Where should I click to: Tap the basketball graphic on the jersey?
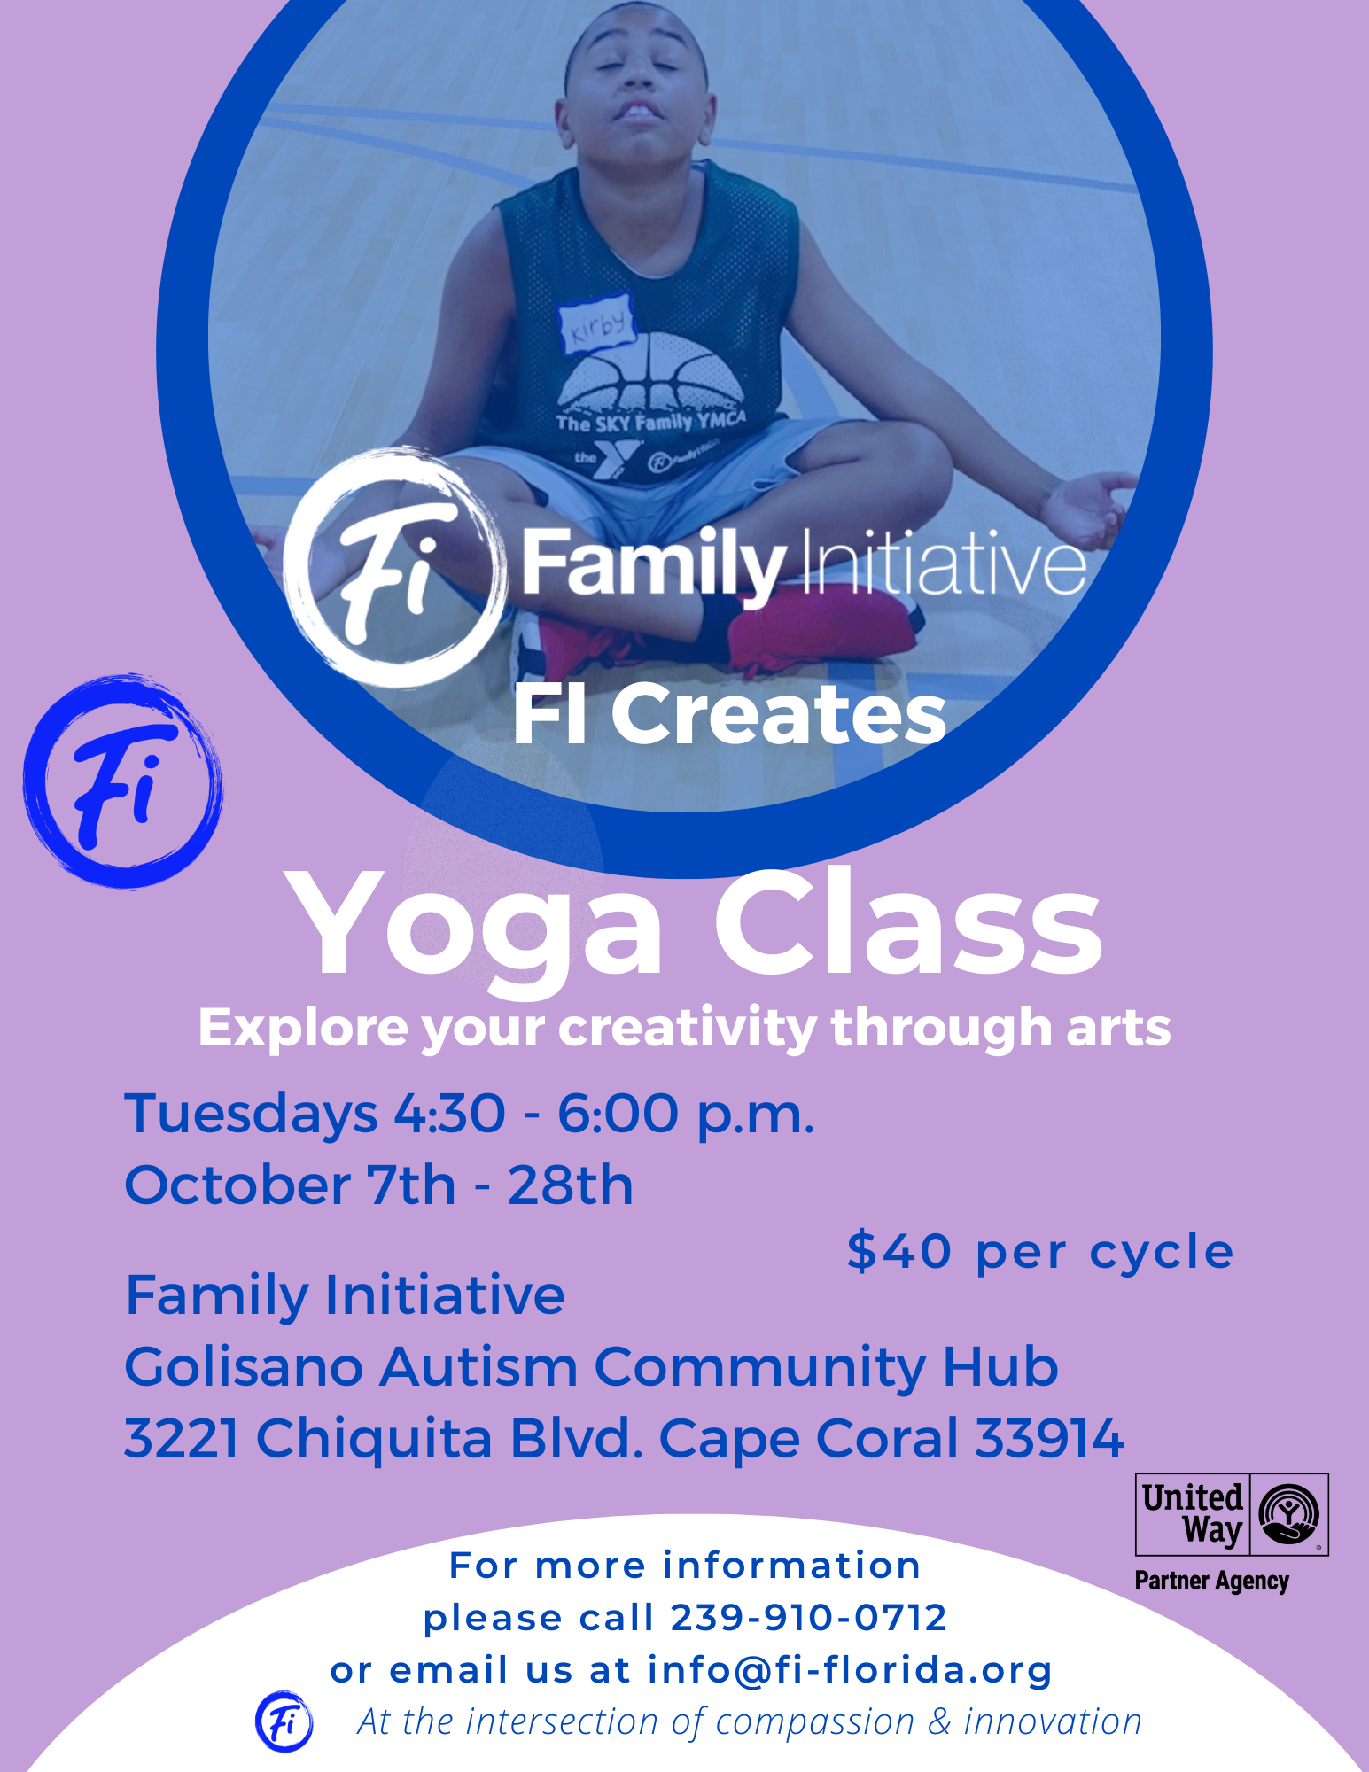pyautogui.click(x=651, y=372)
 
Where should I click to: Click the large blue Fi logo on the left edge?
pyautogui.click(x=123, y=781)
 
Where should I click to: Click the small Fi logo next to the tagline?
pyautogui.click(x=284, y=1721)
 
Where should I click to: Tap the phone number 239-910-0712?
pyautogui.click(x=809, y=1618)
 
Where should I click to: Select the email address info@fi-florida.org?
pyautogui.click(x=850, y=1670)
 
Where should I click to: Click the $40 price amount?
pyautogui.click(x=898, y=1252)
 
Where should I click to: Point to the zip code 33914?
pyautogui.click(x=1049, y=1437)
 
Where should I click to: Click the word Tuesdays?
pyautogui.click(x=252, y=1115)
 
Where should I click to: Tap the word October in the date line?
pyautogui.click(x=237, y=1185)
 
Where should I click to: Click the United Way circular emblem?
pyautogui.click(x=1289, y=1514)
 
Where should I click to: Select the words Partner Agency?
pyautogui.click(x=1211, y=1582)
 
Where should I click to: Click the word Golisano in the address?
pyautogui.click(x=244, y=1366)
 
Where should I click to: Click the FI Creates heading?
pyautogui.click(x=730, y=715)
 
